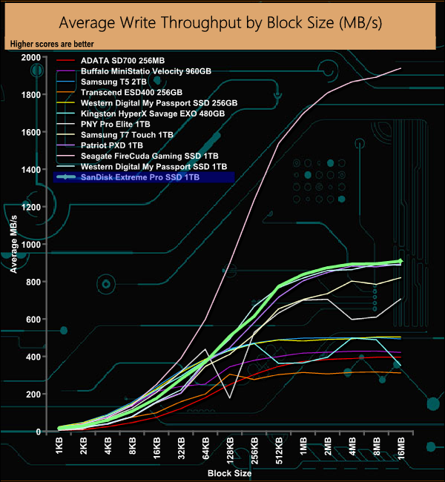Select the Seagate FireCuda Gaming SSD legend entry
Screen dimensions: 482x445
(x=148, y=156)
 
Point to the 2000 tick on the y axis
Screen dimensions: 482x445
(x=31, y=58)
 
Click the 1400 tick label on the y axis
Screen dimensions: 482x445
(x=31, y=170)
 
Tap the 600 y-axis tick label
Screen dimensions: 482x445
(x=33, y=320)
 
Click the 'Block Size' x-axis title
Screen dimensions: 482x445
(x=229, y=472)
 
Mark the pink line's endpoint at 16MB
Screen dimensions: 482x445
(x=400, y=68)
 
